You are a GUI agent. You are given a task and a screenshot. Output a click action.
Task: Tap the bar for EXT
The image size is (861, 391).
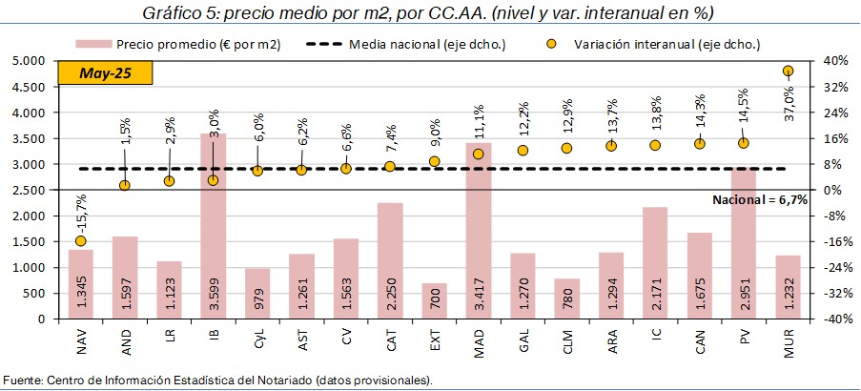434,300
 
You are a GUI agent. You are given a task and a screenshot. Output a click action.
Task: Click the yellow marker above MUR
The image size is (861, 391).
788,71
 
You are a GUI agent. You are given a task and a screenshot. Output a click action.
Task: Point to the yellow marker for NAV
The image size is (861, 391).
81,241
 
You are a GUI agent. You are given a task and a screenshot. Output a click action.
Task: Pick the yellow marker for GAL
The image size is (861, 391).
523,150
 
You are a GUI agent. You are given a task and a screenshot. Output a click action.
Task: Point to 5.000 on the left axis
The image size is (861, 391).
33,60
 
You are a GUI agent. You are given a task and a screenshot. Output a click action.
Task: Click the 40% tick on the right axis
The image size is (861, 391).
831,60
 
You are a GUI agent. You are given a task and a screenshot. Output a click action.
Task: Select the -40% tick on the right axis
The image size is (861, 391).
830,319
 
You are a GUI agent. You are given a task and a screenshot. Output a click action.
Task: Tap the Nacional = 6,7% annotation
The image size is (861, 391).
760,199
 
